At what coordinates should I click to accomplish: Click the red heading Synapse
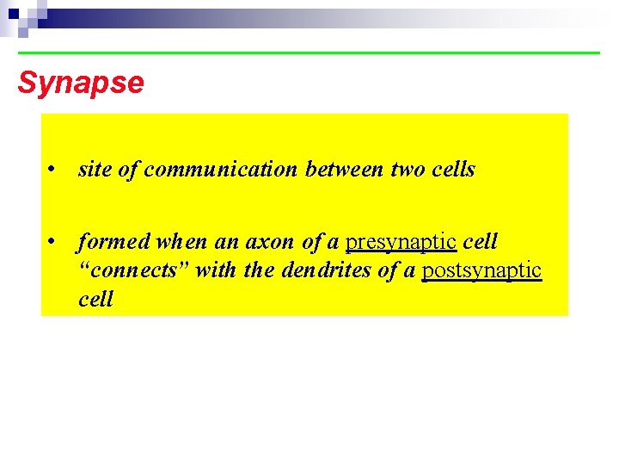click(81, 84)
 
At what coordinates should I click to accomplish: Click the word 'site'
click(95, 170)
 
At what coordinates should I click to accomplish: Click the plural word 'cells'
click(454, 170)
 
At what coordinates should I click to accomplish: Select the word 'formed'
click(109, 242)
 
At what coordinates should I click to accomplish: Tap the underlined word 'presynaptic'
click(401, 242)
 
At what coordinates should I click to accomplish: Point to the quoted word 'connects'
click(133, 270)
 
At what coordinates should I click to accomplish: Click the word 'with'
click(216, 270)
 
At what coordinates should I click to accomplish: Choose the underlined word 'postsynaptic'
click(481, 270)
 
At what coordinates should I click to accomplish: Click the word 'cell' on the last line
click(95, 300)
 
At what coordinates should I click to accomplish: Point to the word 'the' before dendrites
click(259, 270)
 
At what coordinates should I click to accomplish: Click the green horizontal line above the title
click(309, 53)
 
